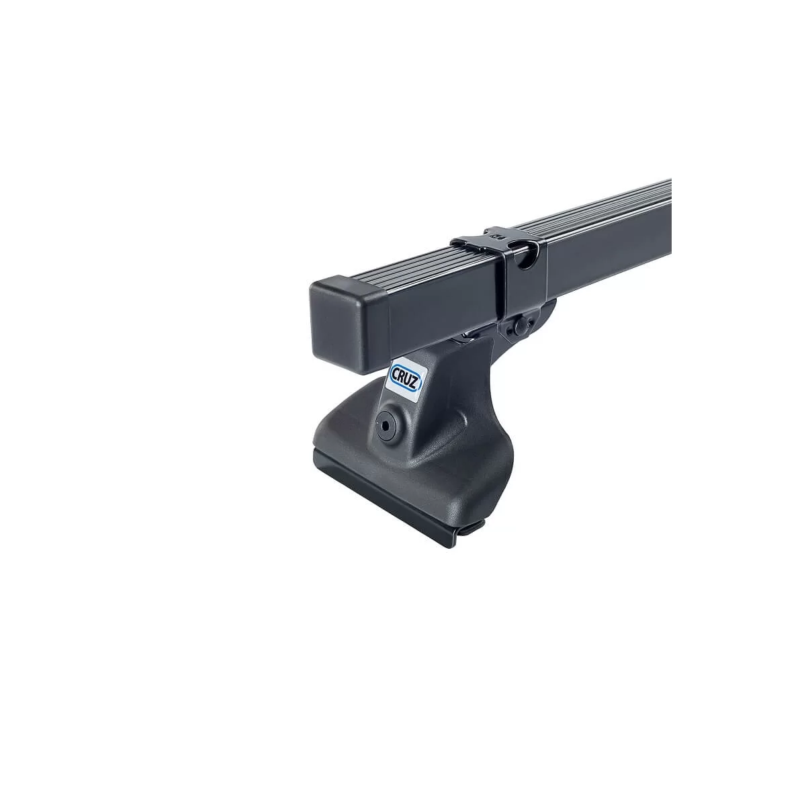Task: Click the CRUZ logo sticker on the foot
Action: point(405,379)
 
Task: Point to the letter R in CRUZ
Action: point(402,376)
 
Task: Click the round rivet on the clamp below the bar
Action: point(521,326)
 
